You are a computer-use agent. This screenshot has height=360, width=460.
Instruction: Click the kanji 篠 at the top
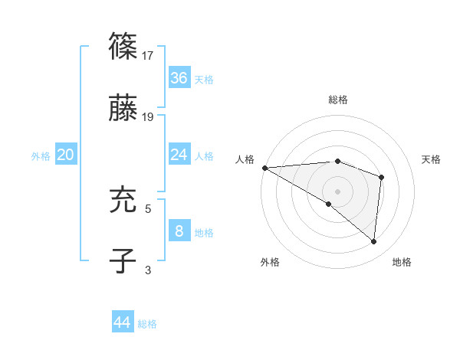click(123, 47)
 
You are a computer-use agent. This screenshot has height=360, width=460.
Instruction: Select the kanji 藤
click(123, 108)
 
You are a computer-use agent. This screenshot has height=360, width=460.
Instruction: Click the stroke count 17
click(149, 56)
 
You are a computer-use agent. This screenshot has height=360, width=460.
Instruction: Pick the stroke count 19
click(149, 117)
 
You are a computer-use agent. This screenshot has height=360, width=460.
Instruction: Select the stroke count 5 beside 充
click(149, 208)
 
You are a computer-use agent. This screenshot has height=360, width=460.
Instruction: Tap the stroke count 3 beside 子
click(149, 270)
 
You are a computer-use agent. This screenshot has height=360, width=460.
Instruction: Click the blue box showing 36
click(179, 78)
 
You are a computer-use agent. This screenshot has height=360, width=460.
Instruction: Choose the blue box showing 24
click(179, 155)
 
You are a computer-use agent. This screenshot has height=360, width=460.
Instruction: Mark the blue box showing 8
click(179, 231)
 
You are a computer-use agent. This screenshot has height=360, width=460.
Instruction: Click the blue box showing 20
click(66, 155)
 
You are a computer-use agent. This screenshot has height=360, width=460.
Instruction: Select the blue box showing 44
click(123, 322)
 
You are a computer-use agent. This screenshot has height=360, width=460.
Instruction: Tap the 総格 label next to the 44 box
click(147, 324)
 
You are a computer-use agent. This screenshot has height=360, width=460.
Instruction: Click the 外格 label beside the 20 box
click(41, 156)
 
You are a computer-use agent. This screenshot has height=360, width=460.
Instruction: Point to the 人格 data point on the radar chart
click(264, 167)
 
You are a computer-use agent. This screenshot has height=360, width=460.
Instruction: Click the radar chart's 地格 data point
click(373, 241)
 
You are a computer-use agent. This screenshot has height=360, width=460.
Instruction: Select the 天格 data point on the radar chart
click(381, 177)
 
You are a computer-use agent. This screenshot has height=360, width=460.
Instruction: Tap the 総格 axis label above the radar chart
click(338, 100)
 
